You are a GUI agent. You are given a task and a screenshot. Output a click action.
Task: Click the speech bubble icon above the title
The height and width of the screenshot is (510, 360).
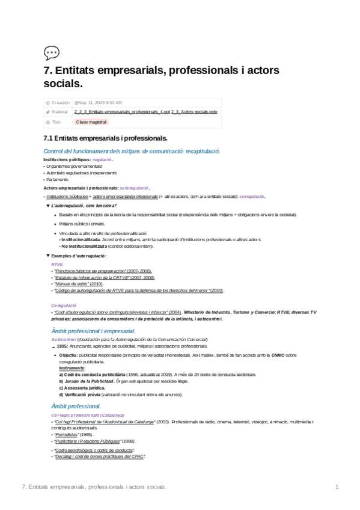pos(52,53)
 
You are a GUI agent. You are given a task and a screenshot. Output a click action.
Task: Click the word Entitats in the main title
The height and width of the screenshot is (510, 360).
pos(78,70)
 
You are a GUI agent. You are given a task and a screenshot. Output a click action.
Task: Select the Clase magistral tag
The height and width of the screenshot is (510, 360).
pos(91,121)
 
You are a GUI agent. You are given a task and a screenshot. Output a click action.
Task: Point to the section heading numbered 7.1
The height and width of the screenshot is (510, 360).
pos(106,138)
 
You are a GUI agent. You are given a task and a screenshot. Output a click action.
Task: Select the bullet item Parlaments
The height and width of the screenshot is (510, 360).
pos(57,179)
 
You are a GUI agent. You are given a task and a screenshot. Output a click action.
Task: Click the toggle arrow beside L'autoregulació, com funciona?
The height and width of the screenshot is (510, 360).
pos(48,205)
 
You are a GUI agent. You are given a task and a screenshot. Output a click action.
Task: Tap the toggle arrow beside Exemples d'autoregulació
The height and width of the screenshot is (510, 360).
pos(48,256)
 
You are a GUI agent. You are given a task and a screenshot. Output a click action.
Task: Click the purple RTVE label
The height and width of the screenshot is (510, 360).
pos(57,264)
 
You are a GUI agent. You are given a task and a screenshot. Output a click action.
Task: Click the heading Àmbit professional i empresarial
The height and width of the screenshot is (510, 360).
pos(93,331)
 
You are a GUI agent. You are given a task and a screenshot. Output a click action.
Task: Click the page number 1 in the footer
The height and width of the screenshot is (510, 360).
pos(337,486)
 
